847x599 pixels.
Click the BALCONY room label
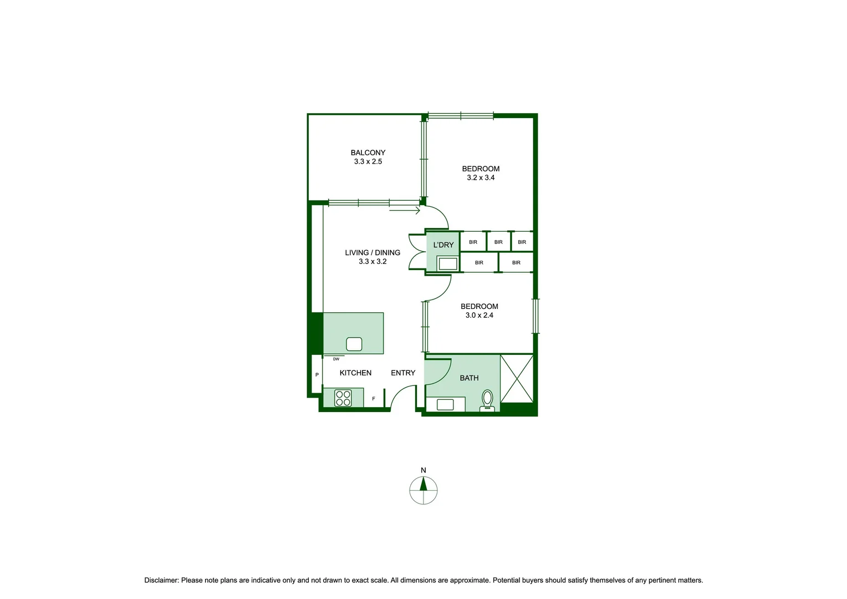point(368,153)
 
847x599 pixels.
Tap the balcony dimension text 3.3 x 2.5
point(368,162)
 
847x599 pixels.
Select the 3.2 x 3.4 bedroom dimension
point(481,178)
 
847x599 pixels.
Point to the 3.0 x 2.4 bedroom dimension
point(479,316)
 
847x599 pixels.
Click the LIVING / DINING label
point(372,253)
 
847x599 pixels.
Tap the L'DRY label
point(443,245)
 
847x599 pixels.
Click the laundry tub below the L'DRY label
point(447,263)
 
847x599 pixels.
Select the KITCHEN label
point(355,373)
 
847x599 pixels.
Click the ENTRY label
point(403,373)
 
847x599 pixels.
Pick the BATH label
point(469,378)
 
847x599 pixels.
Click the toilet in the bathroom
point(487,399)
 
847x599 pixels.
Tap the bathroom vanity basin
point(445,404)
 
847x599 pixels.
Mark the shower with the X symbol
point(517,378)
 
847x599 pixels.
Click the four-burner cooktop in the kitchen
point(343,398)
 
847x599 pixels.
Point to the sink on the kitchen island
point(354,344)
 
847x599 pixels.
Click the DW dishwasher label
point(336,359)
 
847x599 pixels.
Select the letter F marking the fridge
point(374,399)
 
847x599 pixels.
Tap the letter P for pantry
point(317,375)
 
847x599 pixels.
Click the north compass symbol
point(423,490)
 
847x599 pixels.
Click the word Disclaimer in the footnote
point(161,580)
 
